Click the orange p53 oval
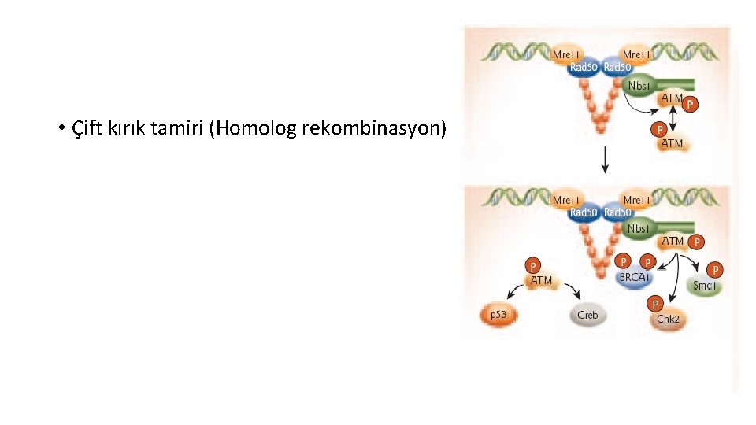coord(498,316)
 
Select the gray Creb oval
coord(587,316)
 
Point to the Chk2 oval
coord(668,319)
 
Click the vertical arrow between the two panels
coord(605,161)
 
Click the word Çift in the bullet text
coord(86,128)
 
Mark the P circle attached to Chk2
coord(654,303)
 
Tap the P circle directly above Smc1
coord(717,269)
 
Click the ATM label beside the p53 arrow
coord(541,280)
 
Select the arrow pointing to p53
coord(514,295)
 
